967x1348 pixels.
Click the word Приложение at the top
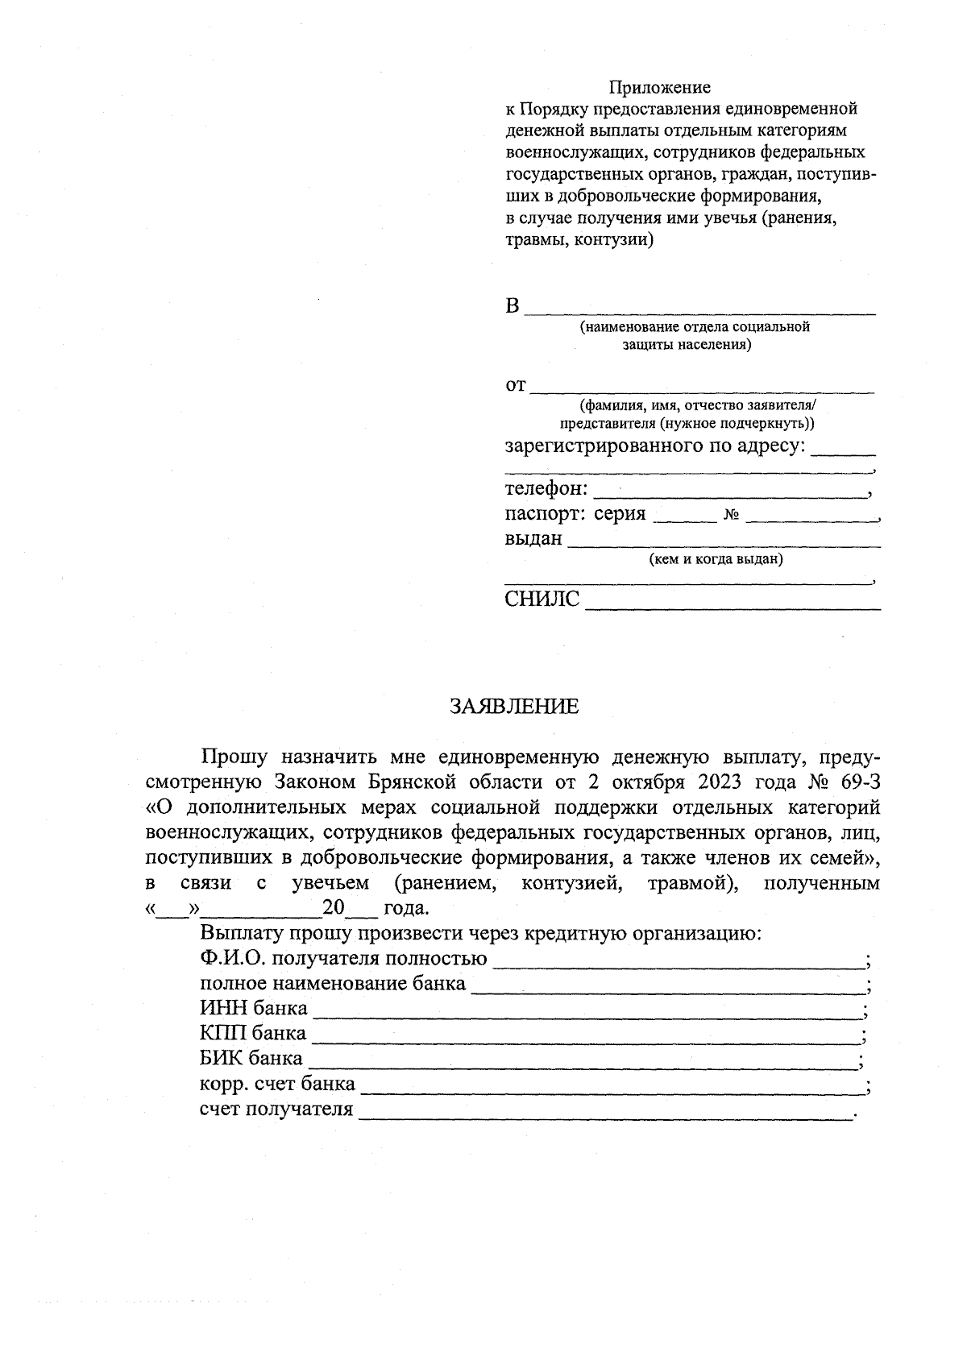click(659, 87)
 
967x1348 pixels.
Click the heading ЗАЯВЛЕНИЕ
click(514, 707)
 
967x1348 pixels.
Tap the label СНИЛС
click(542, 599)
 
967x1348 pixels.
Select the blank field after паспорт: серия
click(684, 516)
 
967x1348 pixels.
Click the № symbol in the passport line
click(732, 516)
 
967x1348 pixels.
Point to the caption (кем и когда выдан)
click(716, 558)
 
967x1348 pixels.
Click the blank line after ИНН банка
click(587, 1010)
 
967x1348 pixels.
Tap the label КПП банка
click(253, 1033)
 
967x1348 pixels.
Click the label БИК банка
click(251, 1058)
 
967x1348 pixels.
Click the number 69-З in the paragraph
click(853, 782)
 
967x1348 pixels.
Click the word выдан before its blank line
click(533, 538)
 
